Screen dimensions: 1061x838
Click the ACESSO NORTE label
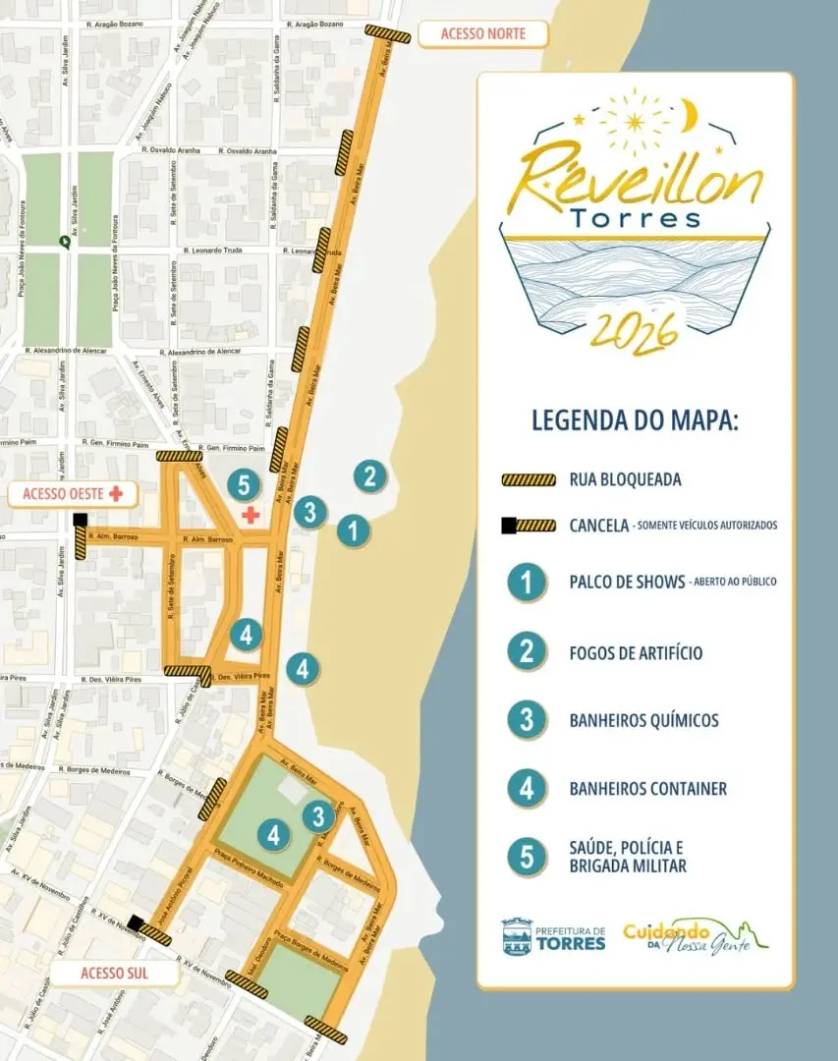coord(482,34)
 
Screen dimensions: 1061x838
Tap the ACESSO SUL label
coord(114,974)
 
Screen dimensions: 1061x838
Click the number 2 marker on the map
coord(369,476)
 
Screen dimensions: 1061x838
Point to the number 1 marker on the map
coord(352,531)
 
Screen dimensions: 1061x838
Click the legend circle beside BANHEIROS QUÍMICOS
coord(528,720)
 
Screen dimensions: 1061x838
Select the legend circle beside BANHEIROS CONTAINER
coord(528,788)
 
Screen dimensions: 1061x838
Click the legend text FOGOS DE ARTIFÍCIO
coord(636,653)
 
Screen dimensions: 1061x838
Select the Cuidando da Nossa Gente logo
coord(695,936)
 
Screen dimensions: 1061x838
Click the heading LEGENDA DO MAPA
coord(635,421)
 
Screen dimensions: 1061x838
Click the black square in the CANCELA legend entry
coord(510,526)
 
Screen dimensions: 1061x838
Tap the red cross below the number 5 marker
coord(251,514)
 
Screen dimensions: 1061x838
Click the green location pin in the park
coord(65,241)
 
